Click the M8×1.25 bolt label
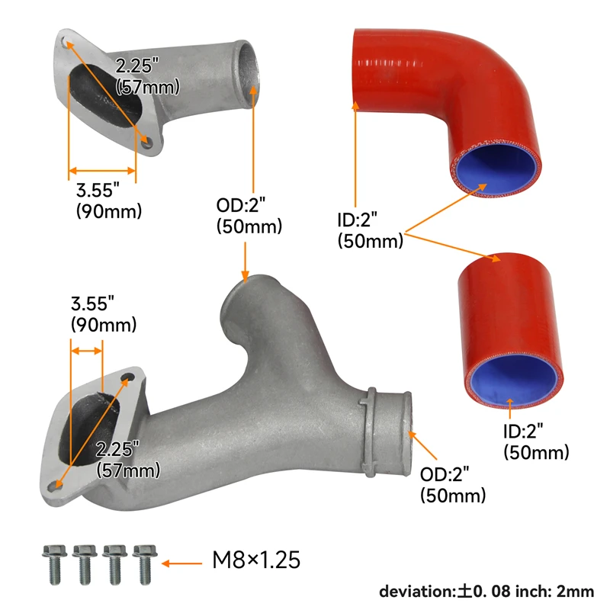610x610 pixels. (255, 562)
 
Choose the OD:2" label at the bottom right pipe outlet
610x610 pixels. (453, 486)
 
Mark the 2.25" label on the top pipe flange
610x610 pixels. (147, 76)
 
